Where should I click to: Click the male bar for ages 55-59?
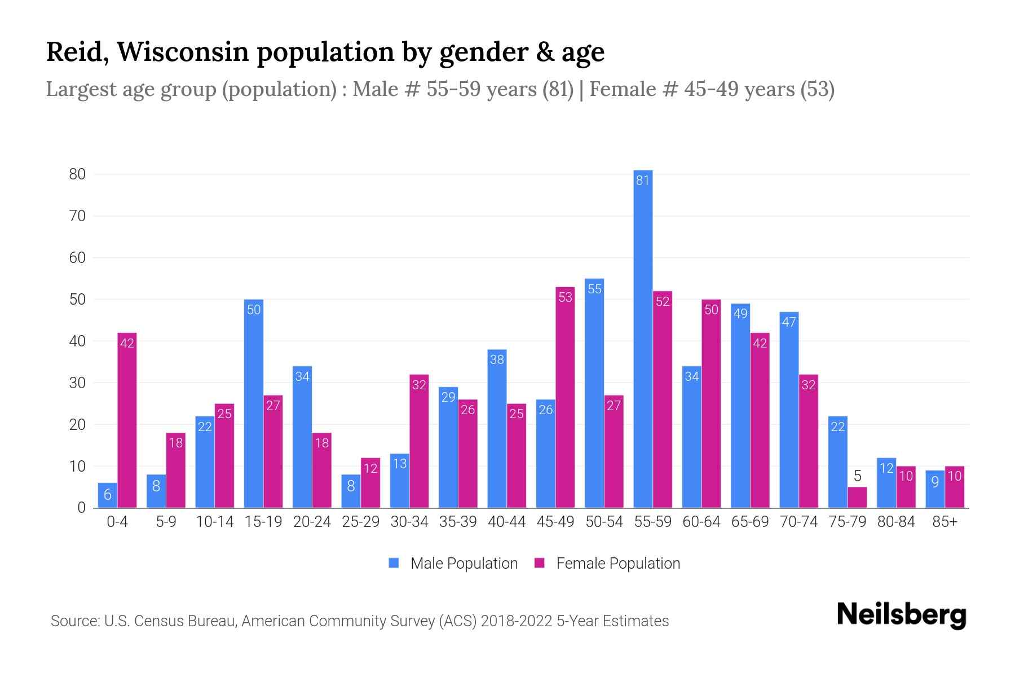(x=643, y=338)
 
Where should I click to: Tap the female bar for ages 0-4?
(x=127, y=420)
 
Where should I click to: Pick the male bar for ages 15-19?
(x=254, y=403)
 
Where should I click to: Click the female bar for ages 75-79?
(x=857, y=498)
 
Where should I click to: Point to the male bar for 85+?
(x=935, y=489)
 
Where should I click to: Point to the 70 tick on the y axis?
(x=77, y=216)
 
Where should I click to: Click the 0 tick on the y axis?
(x=82, y=508)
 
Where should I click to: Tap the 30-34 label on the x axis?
(x=409, y=522)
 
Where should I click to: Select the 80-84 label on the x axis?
(x=896, y=522)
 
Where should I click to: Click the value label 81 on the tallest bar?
(x=643, y=181)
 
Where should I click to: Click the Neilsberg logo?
(x=902, y=615)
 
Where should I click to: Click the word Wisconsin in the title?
(x=183, y=52)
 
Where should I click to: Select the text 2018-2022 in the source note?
(x=517, y=621)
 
